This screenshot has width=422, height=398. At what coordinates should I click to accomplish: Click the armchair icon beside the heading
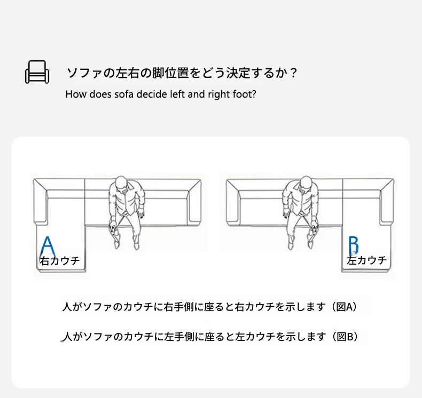tap(37, 72)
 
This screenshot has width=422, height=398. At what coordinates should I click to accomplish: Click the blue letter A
tap(48, 246)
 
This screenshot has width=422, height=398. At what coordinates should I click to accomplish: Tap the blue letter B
tap(354, 245)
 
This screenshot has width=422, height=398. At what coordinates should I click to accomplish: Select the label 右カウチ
tap(60, 261)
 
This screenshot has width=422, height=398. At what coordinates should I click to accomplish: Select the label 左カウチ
tap(366, 260)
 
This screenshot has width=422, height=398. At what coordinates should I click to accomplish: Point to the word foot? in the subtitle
tap(244, 94)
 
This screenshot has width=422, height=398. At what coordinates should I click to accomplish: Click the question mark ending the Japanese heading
tap(293, 73)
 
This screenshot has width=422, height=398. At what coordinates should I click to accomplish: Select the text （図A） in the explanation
tap(345, 307)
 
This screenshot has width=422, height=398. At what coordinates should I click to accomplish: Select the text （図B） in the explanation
tap(345, 336)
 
